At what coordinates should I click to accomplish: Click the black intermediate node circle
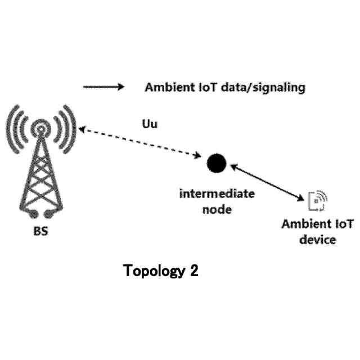[216, 163]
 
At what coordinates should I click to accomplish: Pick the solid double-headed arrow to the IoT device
[267, 181]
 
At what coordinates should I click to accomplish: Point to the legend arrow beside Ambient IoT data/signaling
[103, 87]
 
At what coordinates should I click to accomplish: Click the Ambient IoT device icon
[318, 200]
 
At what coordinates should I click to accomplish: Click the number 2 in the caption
[193, 272]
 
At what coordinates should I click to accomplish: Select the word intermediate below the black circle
[217, 195]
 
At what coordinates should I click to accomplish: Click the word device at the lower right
[318, 240]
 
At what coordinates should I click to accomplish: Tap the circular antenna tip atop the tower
[40, 130]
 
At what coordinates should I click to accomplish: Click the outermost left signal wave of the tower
[12, 128]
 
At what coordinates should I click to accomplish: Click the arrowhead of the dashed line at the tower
[83, 130]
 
